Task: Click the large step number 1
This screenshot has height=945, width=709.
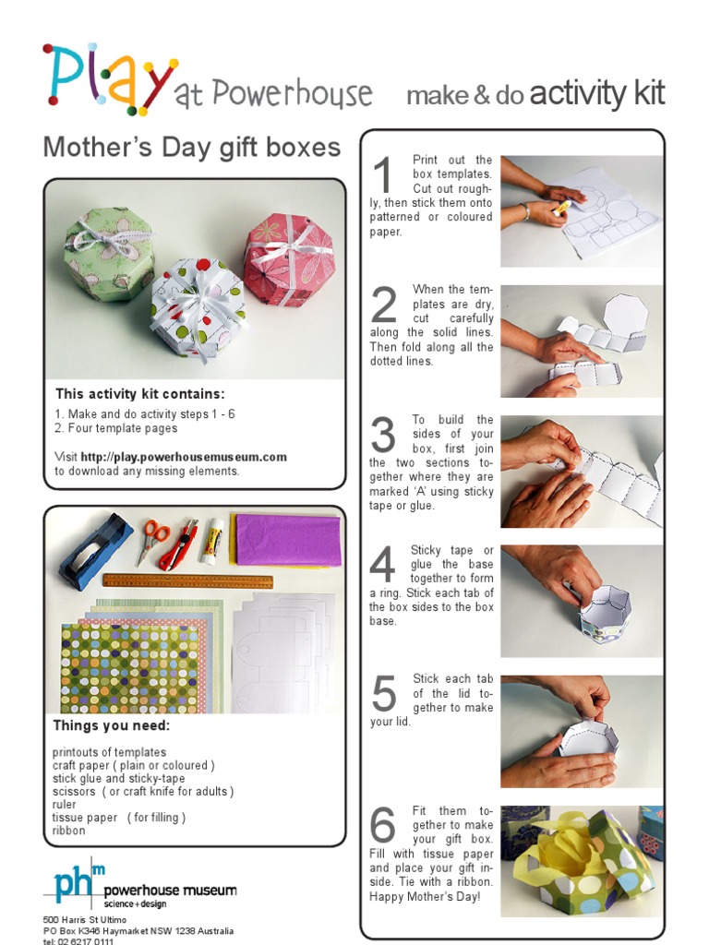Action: [383, 176]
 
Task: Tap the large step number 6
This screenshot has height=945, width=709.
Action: [383, 826]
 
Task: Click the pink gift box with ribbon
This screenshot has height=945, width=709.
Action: [289, 259]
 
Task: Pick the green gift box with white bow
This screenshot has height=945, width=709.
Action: [108, 253]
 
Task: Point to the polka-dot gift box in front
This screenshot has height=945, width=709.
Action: [198, 308]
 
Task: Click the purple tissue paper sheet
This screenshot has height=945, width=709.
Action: [287, 540]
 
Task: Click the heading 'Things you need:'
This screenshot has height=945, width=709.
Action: [111, 725]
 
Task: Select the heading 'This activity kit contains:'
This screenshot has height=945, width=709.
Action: [139, 394]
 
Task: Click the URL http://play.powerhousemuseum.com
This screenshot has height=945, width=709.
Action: [184, 457]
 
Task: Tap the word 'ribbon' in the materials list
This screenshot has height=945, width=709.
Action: [69, 831]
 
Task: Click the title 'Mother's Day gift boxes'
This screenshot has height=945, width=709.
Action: [192, 147]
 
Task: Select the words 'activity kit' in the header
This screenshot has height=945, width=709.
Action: [597, 93]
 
